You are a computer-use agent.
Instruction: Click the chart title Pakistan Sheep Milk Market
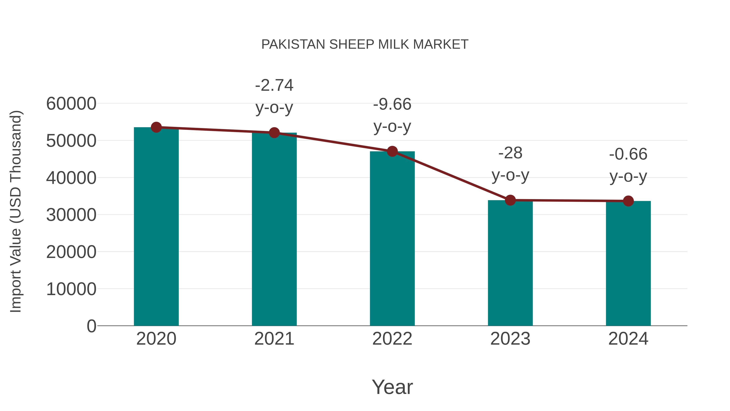point(365,44)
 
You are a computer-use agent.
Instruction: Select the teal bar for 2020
point(156,227)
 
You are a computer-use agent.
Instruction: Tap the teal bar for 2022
point(392,238)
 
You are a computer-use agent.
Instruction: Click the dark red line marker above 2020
point(156,127)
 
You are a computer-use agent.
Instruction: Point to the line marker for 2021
point(274,133)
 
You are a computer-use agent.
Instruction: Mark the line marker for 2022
point(392,151)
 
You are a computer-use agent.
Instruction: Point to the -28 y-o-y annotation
point(510,164)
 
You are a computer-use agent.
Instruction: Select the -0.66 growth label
point(628,165)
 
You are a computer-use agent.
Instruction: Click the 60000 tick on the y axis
point(71,104)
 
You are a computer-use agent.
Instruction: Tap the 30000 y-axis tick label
point(71,215)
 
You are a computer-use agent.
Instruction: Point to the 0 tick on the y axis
point(91,326)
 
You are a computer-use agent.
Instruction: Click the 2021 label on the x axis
point(274,339)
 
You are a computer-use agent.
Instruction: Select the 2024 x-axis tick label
point(628,339)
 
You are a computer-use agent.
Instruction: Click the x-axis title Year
point(392,387)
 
